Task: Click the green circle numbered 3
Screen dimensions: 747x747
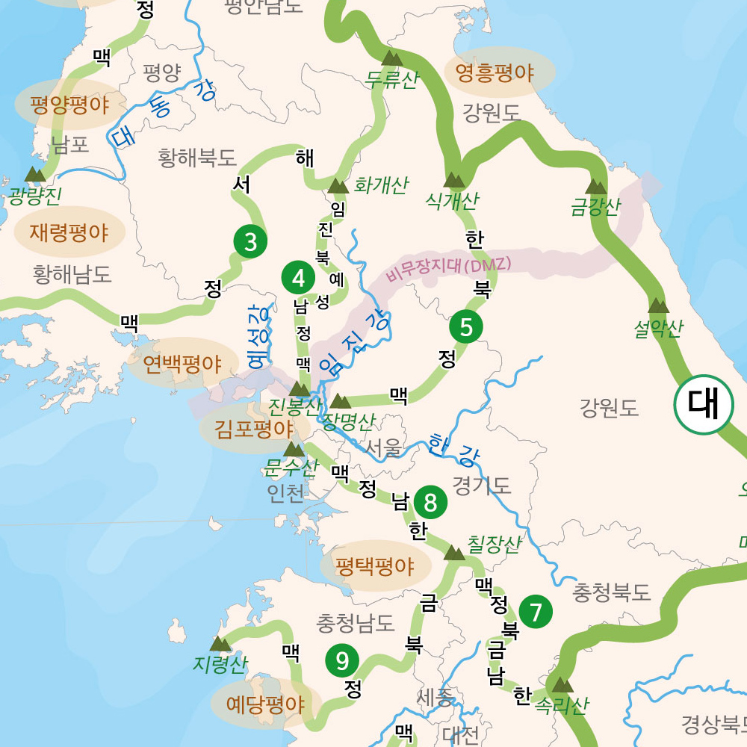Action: [x=250, y=241]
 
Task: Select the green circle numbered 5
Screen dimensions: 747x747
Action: [x=466, y=327]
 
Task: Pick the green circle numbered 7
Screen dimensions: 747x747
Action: [x=536, y=612]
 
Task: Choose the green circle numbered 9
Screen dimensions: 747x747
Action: [x=342, y=660]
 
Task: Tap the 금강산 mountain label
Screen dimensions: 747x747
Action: [x=595, y=207]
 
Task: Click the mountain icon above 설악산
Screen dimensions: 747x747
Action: [x=658, y=306]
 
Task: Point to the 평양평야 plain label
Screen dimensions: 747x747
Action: [x=69, y=104]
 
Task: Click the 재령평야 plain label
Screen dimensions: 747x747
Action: [x=69, y=232]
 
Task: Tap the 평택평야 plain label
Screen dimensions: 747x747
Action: [x=375, y=565]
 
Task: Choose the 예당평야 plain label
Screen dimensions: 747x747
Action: [x=265, y=704]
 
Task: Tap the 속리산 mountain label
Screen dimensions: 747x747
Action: [x=562, y=706]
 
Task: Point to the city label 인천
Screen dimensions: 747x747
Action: [x=286, y=494]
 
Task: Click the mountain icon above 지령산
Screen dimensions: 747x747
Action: [x=220, y=643]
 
